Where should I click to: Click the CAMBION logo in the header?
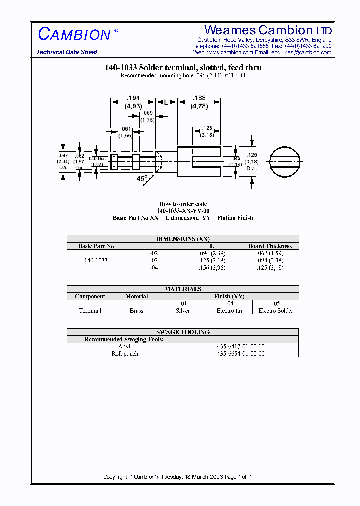[75, 34]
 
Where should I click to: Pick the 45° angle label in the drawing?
[142, 178]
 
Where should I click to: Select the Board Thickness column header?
[270, 246]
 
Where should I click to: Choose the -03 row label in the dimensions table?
[154, 260]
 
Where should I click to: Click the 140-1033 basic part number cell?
[96, 260]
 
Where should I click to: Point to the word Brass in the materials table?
[136, 311]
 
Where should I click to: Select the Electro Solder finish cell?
[276, 311]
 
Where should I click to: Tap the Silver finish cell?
[183, 311]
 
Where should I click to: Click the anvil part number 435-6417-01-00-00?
[240, 346]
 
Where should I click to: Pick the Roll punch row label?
[125, 354]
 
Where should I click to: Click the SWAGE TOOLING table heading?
[183, 332]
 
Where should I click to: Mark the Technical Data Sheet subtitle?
[67, 52]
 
